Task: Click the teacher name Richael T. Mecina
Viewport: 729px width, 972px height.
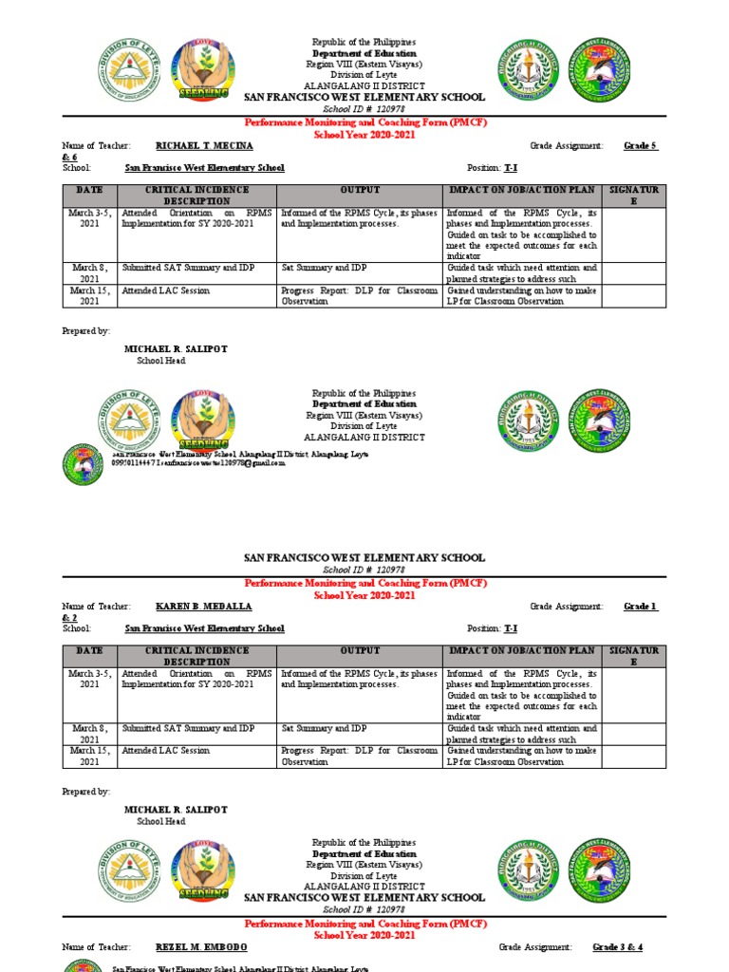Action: pos(204,146)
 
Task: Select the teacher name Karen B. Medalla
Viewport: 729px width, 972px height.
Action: pos(204,607)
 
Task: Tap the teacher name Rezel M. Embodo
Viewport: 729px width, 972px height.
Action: pos(202,947)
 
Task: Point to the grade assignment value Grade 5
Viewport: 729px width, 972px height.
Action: pos(641,146)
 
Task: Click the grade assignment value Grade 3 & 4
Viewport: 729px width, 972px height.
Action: pos(618,947)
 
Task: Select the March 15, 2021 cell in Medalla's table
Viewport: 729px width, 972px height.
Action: pos(89,756)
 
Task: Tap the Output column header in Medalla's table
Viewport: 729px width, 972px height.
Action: pos(360,651)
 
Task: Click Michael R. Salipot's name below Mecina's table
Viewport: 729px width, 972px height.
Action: pos(176,349)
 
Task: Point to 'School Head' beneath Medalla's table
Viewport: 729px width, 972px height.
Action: pos(161,821)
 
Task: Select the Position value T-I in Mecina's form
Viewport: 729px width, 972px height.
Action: pos(511,167)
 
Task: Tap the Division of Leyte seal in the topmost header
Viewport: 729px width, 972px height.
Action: pos(131,69)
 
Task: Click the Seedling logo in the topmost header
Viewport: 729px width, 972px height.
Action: pos(204,69)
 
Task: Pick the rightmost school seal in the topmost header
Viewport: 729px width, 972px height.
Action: pos(600,69)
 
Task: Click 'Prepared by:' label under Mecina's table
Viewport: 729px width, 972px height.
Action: pos(86,331)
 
